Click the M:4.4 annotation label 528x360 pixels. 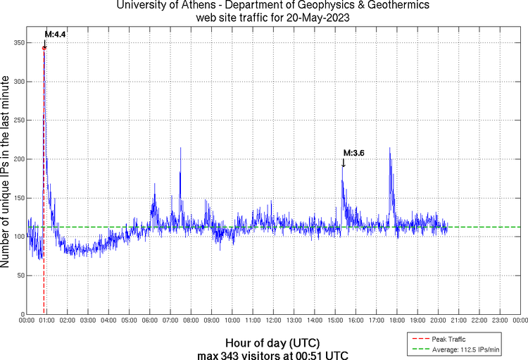pyautogui.click(x=55, y=34)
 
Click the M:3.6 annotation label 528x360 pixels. pyautogui.click(x=353, y=152)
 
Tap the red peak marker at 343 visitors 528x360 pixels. pyautogui.click(x=44, y=48)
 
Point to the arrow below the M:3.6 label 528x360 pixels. pyautogui.click(x=344, y=163)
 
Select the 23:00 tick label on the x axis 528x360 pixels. pyautogui.click(x=499, y=321)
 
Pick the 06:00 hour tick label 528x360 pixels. pyautogui.click(x=149, y=321)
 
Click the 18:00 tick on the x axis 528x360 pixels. pyautogui.click(x=396, y=321)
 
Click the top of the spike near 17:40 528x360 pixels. pyautogui.click(x=389, y=148)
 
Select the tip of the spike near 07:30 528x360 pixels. pyautogui.click(x=180, y=148)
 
